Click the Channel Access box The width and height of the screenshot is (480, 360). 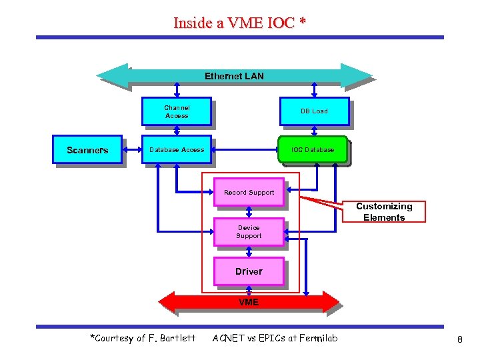(x=177, y=111)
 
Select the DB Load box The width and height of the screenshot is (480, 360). (x=314, y=111)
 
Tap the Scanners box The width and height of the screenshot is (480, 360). (x=87, y=150)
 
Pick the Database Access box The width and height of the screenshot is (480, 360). (x=177, y=150)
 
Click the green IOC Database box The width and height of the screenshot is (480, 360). (x=313, y=150)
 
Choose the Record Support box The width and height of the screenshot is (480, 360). (x=249, y=192)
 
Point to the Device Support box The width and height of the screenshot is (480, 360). (x=249, y=232)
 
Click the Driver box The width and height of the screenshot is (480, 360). (x=249, y=271)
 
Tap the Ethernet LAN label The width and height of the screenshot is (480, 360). (x=234, y=76)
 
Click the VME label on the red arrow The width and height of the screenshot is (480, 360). (x=249, y=302)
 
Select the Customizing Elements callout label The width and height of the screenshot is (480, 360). (x=384, y=212)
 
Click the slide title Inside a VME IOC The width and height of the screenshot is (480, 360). (x=239, y=23)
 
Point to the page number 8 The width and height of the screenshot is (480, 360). (x=459, y=339)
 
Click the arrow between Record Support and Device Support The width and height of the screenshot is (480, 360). (x=249, y=212)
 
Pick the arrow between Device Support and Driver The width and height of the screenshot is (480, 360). (x=249, y=251)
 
